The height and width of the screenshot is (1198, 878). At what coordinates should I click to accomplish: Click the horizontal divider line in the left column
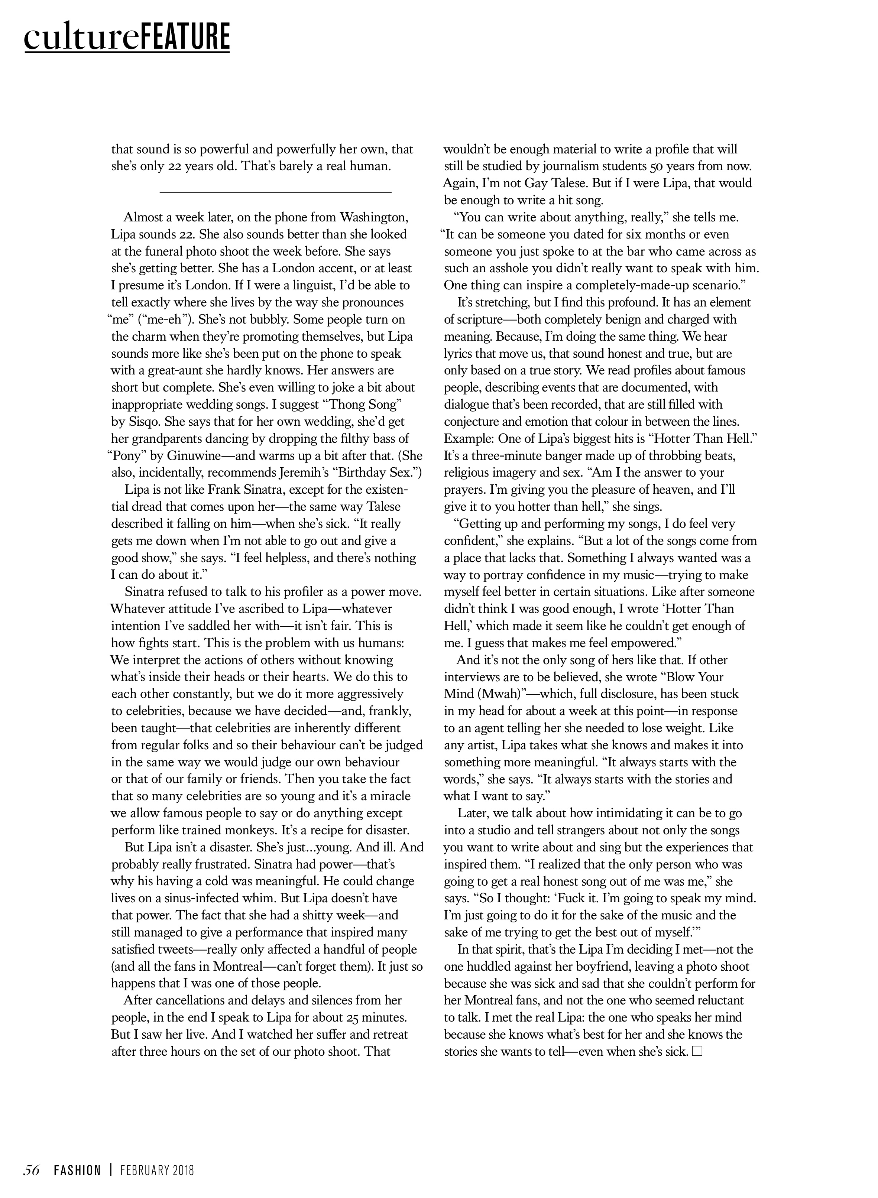(275, 191)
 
